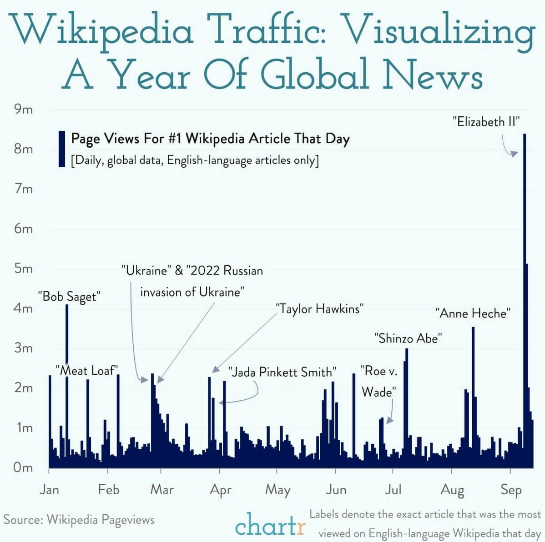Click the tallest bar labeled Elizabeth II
[x=525, y=300]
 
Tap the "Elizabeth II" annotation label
[x=486, y=122]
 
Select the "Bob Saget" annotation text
[x=69, y=297]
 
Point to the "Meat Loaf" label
[x=87, y=370]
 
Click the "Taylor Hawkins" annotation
[x=320, y=309]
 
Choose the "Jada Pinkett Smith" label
[x=282, y=372]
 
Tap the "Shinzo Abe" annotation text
[x=408, y=338]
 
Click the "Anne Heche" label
[x=473, y=313]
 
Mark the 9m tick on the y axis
[x=23, y=109]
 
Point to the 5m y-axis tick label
[x=23, y=269]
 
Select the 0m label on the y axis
[x=23, y=467]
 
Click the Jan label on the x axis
[x=49, y=489]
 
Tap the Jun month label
[x=336, y=490]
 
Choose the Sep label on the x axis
[x=511, y=490]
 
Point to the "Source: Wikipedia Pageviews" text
[x=79, y=520]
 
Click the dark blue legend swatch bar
[x=62, y=149]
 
